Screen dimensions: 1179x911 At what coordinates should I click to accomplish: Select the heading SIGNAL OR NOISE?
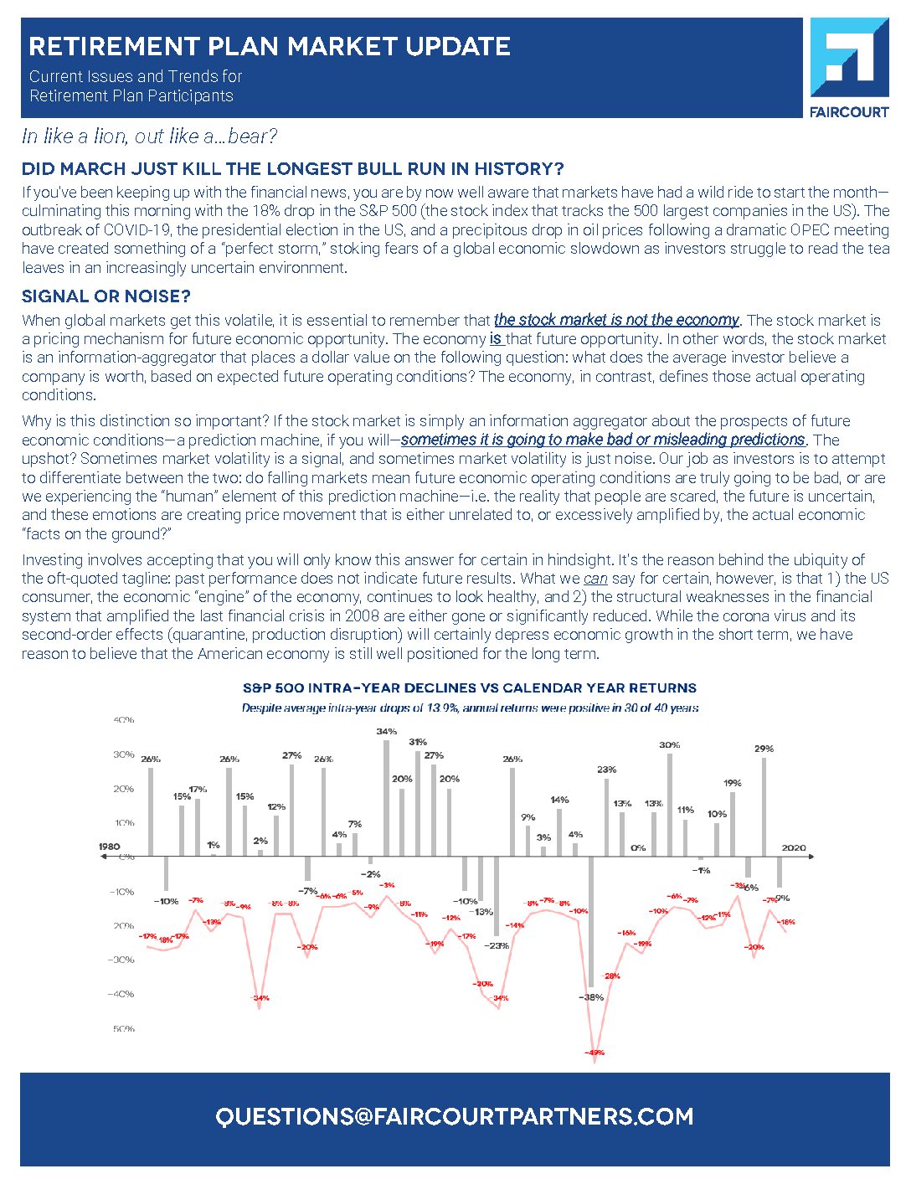(x=106, y=296)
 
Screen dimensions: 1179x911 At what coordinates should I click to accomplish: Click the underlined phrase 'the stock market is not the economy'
(x=616, y=320)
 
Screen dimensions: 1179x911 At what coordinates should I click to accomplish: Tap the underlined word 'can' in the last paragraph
(x=595, y=579)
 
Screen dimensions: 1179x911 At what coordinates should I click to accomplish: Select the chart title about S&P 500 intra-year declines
(x=469, y=688)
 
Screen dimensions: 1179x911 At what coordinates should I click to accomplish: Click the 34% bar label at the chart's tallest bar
(x=386, y=731)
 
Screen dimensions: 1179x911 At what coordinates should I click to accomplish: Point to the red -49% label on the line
(x=594, y=1053)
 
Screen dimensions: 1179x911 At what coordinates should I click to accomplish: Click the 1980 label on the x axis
(x=110, y=847)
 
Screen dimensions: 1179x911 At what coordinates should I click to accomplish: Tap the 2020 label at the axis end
(x=794, y=847)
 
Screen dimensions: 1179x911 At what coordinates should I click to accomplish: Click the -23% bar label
(x=497, y=945)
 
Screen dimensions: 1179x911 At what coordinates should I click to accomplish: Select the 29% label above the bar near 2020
(x=764, y=749)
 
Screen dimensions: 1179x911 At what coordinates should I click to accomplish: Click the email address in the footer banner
(x=455, y=1117)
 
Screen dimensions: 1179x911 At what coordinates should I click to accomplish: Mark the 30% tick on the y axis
(x=124, y=754)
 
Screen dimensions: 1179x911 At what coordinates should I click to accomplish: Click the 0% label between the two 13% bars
(x=638, y=848)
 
